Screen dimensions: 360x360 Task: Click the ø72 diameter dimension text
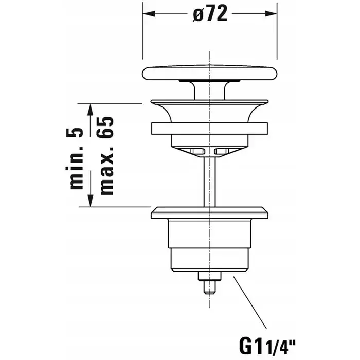[x=210, y=13]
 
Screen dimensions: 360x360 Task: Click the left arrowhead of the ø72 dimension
[x=149, y=13]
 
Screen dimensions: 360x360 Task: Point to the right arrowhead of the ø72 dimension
[x=271, y=13]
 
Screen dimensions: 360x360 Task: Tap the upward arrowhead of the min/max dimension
[x=91, y=110]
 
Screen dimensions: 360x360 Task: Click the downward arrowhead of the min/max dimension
[x=91, y=201]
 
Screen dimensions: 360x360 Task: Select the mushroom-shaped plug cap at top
[x=210, y=73]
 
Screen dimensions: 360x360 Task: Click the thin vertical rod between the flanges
[x=210, y=182]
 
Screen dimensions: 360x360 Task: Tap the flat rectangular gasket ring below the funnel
[x=209, y=129]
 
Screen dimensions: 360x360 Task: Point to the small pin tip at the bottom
[x=210, y=287]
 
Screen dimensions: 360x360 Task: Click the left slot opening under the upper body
[x=198, y=151]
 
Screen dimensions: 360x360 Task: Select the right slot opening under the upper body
[x=222, y=151]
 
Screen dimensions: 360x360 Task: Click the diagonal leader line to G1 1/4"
[x=250, y=302]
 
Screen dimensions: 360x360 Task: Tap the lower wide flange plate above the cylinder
[x=210, y=212]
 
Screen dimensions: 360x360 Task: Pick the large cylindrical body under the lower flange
[x=210, y=233]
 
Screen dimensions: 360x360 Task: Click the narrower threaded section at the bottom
[x=210, y=260]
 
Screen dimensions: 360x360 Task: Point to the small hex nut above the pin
[x=210, y=276]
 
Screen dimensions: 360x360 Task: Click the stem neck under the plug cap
[x=210, y=91]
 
